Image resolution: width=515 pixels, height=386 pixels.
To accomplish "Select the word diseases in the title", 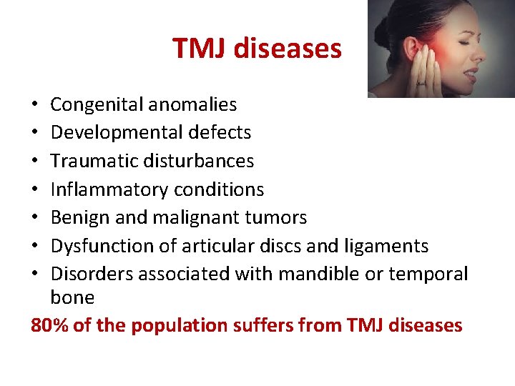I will [287, 49].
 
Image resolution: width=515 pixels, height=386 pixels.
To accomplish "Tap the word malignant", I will [176, 217].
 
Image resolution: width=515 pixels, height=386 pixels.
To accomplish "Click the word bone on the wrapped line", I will [72, 297].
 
